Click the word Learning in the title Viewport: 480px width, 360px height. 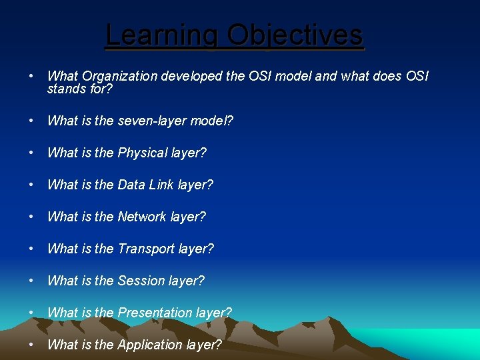pos(163,35)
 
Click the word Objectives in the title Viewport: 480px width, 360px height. pos(295,35)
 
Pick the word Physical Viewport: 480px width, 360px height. pos(143,153)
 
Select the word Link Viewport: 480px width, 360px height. pos(163,185)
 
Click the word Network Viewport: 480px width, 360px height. pos(142,217)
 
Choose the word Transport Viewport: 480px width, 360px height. pos(146,249)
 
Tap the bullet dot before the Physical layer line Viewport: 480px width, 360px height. pos(32,153)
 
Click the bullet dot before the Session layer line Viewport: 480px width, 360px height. pos(32,281)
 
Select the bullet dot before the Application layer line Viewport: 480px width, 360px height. pos(32,345)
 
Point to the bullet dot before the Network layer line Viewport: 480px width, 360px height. pos(32,217)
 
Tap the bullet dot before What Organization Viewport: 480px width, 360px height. pos(32,76)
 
